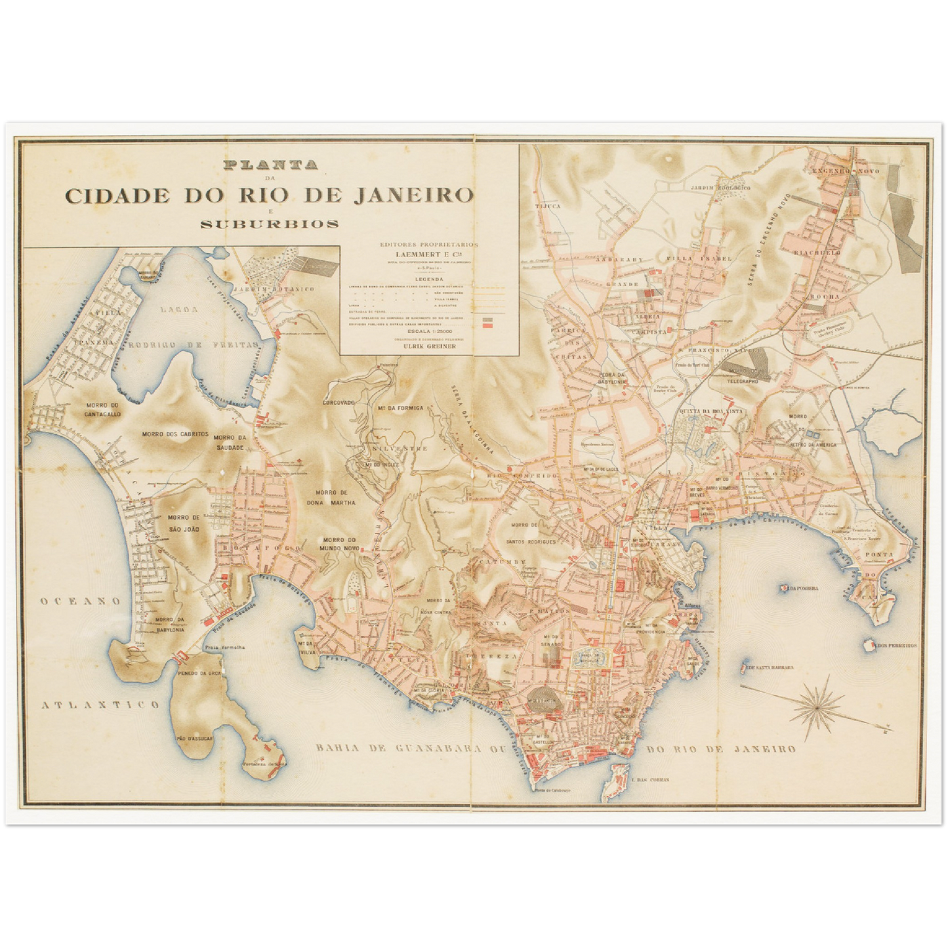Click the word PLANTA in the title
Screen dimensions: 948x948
click(x=270, y=165)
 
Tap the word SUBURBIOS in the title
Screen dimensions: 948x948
click(x=269, y=224)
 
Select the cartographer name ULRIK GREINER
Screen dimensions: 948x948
click(x=429, y=347)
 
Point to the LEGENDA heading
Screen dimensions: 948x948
click(x=429, y=278)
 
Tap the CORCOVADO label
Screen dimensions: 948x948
click(x=339, y=402)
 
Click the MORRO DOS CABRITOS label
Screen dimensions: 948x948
click(x=175, y=434)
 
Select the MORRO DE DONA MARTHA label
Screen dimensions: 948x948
click(x=335, y=497)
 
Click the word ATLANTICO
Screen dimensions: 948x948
click(x=100, y=705)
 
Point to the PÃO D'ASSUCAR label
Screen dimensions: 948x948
click(x=195, y=738)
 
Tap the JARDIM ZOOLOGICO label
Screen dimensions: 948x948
click(x=720, y=188)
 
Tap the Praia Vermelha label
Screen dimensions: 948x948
click(x=224, y=648)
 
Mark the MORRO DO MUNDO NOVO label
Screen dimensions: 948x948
click(x=339, y=543)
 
